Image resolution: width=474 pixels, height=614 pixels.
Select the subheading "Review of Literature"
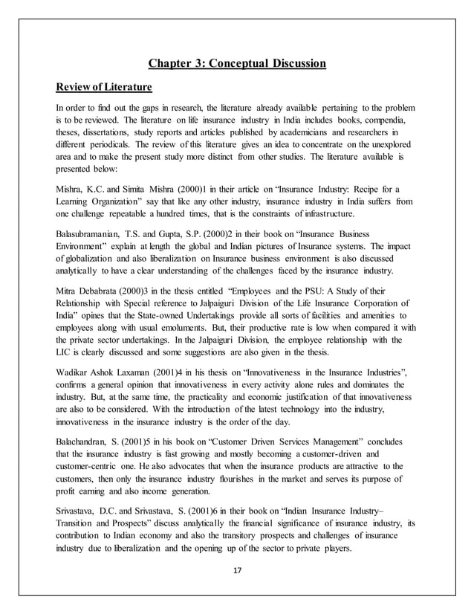[103, 88]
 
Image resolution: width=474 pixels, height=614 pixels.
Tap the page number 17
[237, 571]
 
